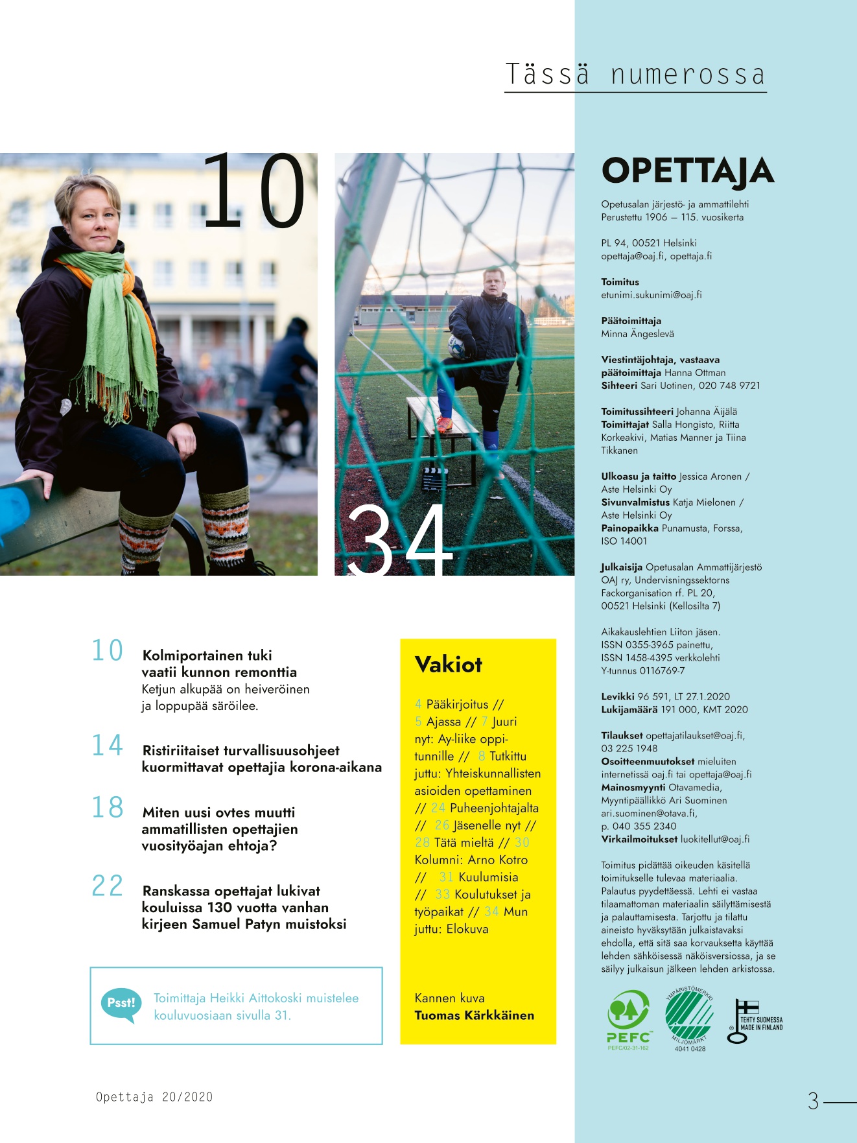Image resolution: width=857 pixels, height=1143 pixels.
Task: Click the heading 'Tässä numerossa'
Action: [x=635, y=75]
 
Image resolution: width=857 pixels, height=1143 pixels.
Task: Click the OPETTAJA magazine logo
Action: [x=688, y=171]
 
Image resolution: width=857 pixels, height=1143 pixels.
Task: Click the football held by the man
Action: [x=458, y=348]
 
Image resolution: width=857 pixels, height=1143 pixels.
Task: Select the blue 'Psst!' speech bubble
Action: [x=121, y=1005]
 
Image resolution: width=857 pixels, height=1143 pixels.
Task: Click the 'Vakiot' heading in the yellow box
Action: [x=449, y=665]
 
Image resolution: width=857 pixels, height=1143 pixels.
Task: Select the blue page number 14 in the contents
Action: [x=107, y=746]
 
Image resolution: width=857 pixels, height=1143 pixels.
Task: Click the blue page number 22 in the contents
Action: [x=107, y=886]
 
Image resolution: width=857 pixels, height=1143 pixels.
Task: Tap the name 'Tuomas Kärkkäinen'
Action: [x=475, y=1015]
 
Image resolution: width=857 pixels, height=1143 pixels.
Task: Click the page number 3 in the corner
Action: [x=814, y=1101]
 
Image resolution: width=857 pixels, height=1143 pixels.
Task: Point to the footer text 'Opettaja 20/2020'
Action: [x=154, y=1097]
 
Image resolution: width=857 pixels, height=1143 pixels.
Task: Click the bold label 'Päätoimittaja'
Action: [x=631, y=321]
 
